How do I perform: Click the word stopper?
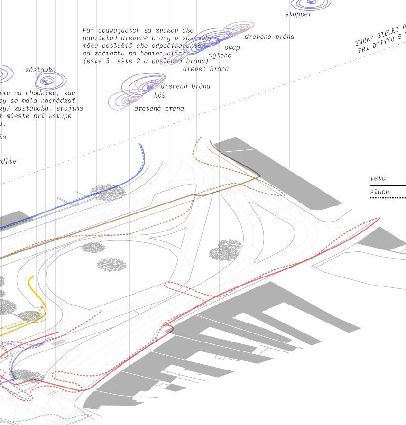click(x=298, y=14)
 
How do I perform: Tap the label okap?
click(x=232, y=47)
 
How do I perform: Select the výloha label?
click(x=220, y=55)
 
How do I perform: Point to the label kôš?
click(x=160, y=95)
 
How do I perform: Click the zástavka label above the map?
click(x=40, y=70)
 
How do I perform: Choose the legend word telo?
click(x=378, y=178)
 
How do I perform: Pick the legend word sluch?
click(x=379, y=192)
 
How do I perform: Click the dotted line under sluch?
click(x=389, y=198)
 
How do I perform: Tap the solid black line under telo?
click(x=389, y=185)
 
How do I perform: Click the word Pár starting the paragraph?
click(x=89, y=31)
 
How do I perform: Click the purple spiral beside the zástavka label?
click(x=46, y=81)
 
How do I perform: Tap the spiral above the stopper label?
click(x=311, y=3)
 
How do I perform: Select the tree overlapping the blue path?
click(x=108, y=192)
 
